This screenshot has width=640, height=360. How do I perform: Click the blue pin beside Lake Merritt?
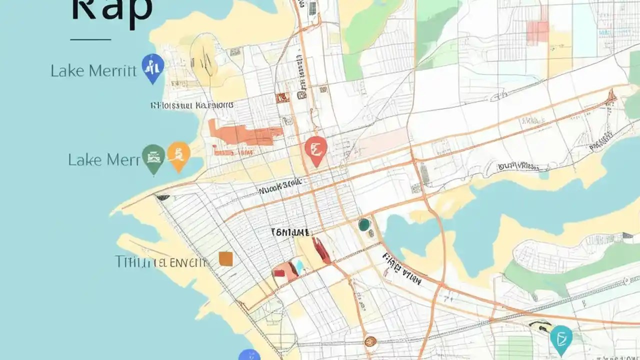click(x=153, y=67)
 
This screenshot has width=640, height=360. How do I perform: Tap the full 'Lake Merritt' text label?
click(x=93, y=71)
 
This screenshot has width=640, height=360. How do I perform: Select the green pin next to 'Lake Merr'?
click(x=153, y=157)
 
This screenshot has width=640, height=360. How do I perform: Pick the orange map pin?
click(x=178, y=155)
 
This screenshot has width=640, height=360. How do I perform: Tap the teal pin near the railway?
click(x=561, y=338)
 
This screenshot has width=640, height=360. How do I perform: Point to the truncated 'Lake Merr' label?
click(x=103, y=160)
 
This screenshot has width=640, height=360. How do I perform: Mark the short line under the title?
click(x=90, y=39)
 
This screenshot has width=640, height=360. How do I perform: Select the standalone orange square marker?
click(x=226, y=258)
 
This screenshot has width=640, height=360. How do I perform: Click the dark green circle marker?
click(x=364, y=225)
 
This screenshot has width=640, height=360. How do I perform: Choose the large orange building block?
click(x=245, y=134)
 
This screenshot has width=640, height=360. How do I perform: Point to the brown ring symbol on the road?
click(x=369, y=341)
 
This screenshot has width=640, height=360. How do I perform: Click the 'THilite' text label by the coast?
click(x=160, y=261)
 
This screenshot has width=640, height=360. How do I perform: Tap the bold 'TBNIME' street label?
click(x=290, y=232)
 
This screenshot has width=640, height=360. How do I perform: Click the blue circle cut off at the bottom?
click(x=249, y=355)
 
